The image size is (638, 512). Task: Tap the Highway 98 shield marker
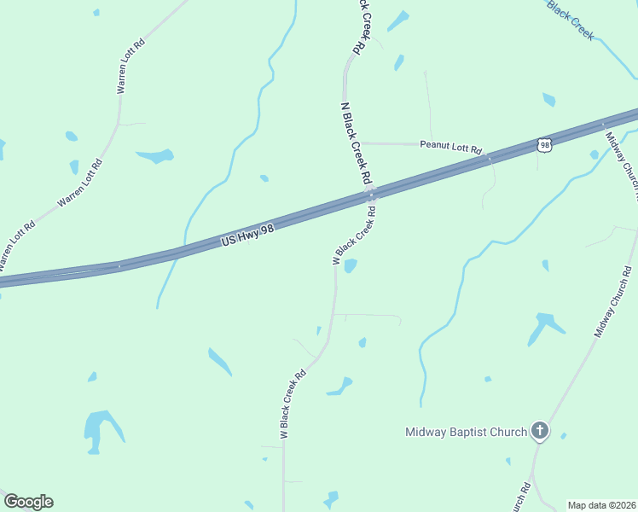point(544,145)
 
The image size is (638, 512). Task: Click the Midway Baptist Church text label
point(466,432)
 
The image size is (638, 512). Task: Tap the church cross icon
point(539,431)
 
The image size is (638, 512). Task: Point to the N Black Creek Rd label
point(356,143)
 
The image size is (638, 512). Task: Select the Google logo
point(27,502)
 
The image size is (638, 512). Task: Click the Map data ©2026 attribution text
point(600,505)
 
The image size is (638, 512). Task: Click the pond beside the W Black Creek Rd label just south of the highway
point(350,266)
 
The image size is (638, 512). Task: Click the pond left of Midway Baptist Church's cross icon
point(488,379)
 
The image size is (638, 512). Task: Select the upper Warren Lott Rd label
point(130,66)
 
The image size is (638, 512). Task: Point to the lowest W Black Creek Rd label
point(293,404)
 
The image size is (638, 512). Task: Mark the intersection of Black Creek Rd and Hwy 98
point(372,195)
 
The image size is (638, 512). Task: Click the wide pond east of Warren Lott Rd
point(155,156)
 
